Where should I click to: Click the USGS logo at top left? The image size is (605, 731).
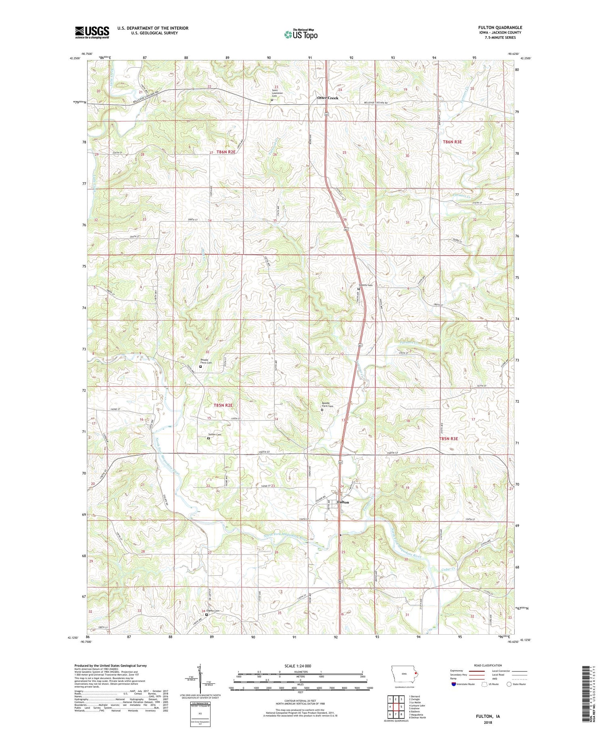pyautogui.click(x=92, y=32)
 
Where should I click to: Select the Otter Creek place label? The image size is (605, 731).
pyautogui.click(x=327, y=98)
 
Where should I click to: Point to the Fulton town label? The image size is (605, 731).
pyautogui.click(x=343, y=502)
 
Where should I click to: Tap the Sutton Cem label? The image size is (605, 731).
pyautogui.click(x=214, y=434)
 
